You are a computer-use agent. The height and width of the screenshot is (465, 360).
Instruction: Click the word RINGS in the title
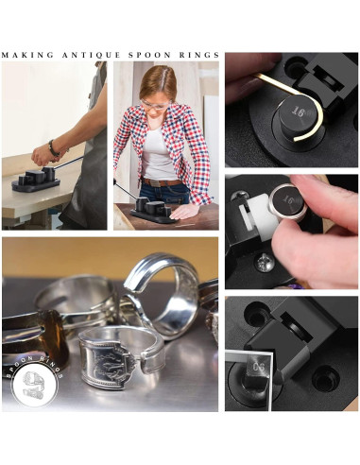[200, 55]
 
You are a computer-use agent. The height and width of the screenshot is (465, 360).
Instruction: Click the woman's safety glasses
[157, 101]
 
